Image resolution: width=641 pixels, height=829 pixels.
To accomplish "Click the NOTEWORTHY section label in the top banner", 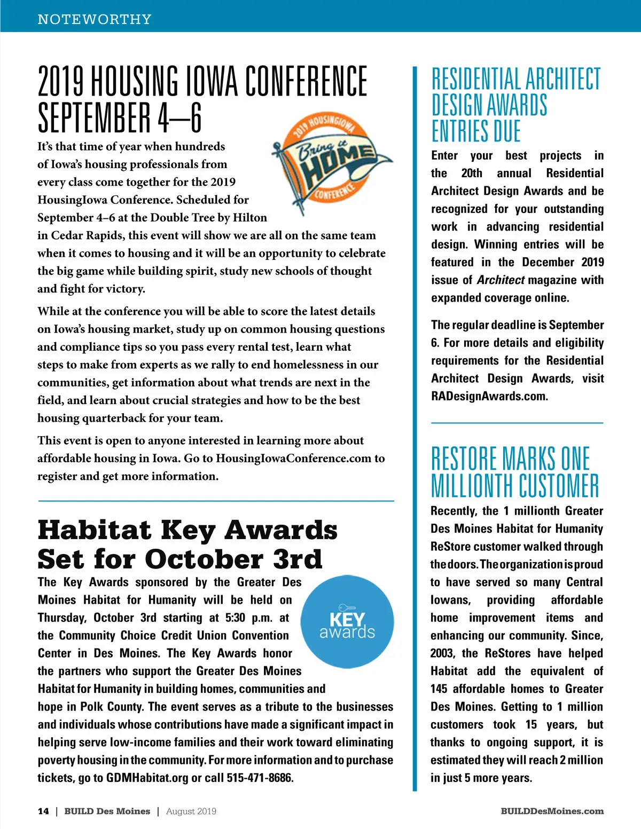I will (x=95, y=19).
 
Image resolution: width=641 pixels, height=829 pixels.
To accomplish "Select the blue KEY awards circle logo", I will (x=347, y=621).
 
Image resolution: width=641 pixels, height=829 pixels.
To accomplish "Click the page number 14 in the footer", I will (x=43, y=811).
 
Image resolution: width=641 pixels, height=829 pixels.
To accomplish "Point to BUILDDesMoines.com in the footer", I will (x=552, y=811).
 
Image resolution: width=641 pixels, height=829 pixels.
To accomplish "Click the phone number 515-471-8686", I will (x=260, y=778).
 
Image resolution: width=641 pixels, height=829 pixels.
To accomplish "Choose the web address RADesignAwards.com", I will (x=489, y=396).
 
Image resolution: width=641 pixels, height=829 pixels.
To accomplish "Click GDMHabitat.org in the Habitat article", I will (x=147, y=778).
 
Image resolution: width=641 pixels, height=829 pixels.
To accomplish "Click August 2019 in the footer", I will (x=191, y=811).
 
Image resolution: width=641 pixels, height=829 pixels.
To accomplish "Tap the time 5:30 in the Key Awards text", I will (x=235, y=618).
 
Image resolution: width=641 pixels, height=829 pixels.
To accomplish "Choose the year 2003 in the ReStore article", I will (x=442, y=653).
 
